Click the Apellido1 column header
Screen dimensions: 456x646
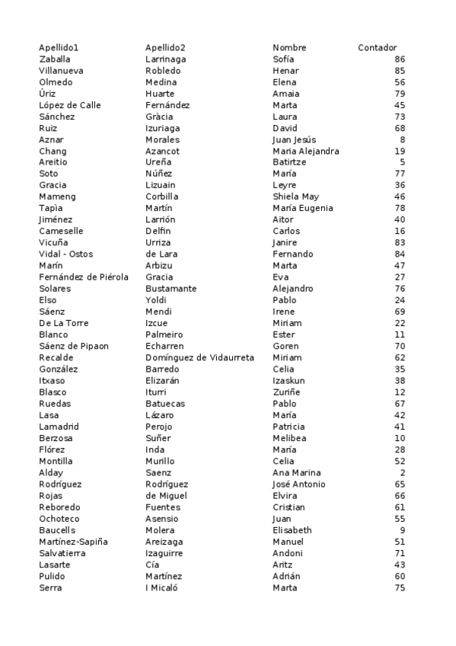point(59,48)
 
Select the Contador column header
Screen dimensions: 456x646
point(377,48)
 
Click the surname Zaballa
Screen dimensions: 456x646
point(55,59)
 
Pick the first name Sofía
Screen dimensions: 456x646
point(283,59)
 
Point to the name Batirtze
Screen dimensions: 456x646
point(289,162)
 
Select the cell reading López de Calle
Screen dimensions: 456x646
point(70,105)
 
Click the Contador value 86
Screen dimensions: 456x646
point(400,59)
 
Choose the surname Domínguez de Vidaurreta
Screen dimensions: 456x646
point(199,358)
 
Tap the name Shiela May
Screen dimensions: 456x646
point(295,197)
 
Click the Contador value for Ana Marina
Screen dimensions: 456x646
point(402,473)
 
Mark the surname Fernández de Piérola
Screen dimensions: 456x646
point(84,277)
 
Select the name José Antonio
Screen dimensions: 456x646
point(298,484)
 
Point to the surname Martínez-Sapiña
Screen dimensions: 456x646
point(73,542)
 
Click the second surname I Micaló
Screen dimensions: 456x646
point(161,588)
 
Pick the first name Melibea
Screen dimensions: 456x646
point(289,439)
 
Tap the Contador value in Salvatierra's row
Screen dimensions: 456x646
point(400,553)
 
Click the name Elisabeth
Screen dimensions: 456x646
point(292,530)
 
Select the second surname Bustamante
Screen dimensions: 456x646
point(171,289)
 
